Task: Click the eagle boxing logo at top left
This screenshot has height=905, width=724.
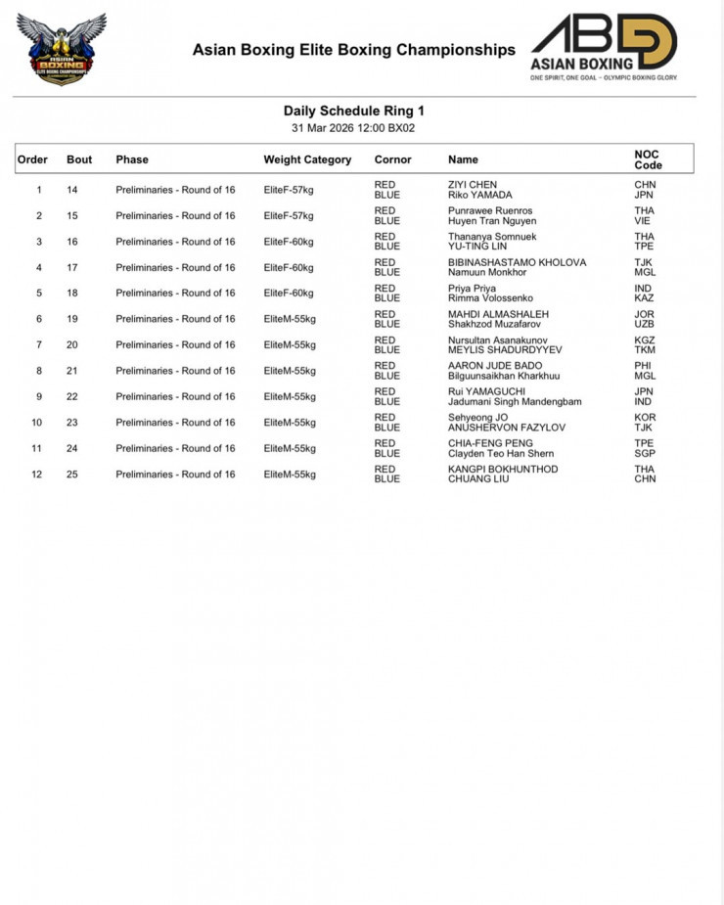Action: coord(61,49)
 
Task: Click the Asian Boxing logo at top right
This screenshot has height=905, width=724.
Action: coord(604,46)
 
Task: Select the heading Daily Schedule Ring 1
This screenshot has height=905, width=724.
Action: coord(353,112)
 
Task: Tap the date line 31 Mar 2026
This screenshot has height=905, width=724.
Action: coord(353,128)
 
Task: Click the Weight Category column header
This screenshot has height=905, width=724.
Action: coord(307,159)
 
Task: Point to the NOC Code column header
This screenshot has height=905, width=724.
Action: coord(648,159)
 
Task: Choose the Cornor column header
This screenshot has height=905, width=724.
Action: coord(392,159)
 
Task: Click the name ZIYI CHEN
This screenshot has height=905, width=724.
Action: coord(473,184)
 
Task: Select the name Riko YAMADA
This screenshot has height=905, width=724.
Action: coord(479,195)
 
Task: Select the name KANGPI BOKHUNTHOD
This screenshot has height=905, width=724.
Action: coord(503,469)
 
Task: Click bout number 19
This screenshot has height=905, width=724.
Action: coord(72,319)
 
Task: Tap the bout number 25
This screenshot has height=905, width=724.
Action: coord(72,475)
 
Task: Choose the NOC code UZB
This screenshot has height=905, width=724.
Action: coord(645,324)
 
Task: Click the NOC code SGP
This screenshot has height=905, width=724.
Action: coord(645,453)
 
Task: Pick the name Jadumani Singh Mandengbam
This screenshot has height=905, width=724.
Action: coord(515,401)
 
